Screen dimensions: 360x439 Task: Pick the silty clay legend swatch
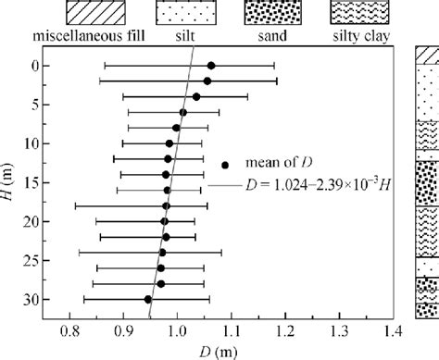[x=362, y=15]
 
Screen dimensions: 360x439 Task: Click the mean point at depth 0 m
[x=211, y=66]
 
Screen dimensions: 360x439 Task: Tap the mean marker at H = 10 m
[x=169, y=143]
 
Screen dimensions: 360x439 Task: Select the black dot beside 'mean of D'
[x=224, y=165]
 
